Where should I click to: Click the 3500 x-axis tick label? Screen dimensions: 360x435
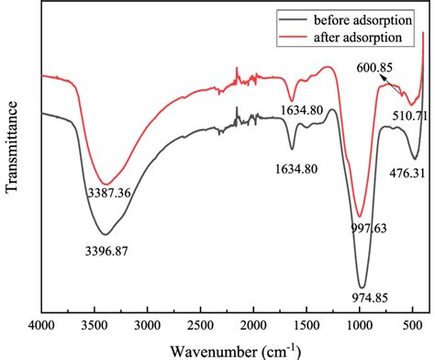[95, 324]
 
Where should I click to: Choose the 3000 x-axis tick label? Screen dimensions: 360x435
[148, 324]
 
